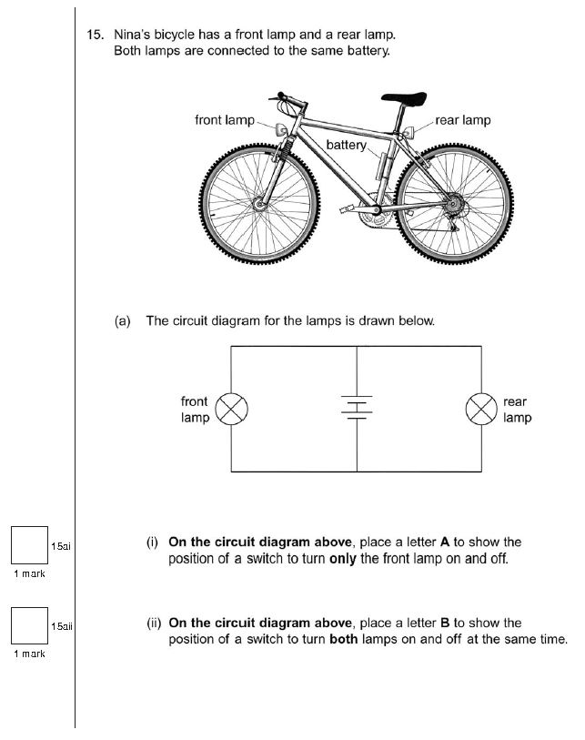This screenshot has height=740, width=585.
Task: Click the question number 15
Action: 95,35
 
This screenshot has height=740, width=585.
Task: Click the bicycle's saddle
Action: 404,97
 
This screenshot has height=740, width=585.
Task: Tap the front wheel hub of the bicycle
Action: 263,208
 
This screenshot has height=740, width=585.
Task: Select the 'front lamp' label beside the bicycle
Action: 225,120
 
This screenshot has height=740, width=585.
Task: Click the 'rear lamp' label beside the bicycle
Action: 463,120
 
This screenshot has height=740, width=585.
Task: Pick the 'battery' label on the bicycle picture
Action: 346,146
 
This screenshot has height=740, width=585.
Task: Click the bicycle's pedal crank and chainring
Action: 368,216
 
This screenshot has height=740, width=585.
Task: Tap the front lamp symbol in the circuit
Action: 231,410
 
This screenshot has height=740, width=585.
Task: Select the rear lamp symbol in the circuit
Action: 480,410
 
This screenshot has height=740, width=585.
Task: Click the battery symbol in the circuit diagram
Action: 356,410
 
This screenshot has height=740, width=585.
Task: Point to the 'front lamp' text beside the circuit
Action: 195,410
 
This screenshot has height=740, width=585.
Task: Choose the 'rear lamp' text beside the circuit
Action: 517,410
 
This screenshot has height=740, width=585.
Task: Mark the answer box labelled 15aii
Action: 29,626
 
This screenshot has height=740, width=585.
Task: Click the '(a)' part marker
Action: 124,321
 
